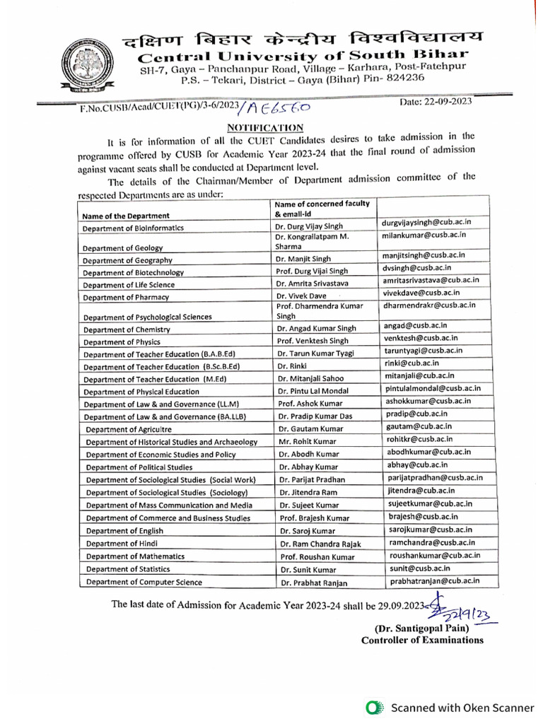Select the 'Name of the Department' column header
pyautogui.click(x=126, y=215)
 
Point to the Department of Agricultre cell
pyautogui.click(x=129, y=429)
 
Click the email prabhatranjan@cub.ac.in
pyautogui.click(x=435, y=580)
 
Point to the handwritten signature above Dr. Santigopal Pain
pyautogui.click(x=452, y=609)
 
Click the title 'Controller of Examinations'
pyautogui.click(x=422, y=641)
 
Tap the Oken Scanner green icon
pyautogui.click(x=373, y=707)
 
